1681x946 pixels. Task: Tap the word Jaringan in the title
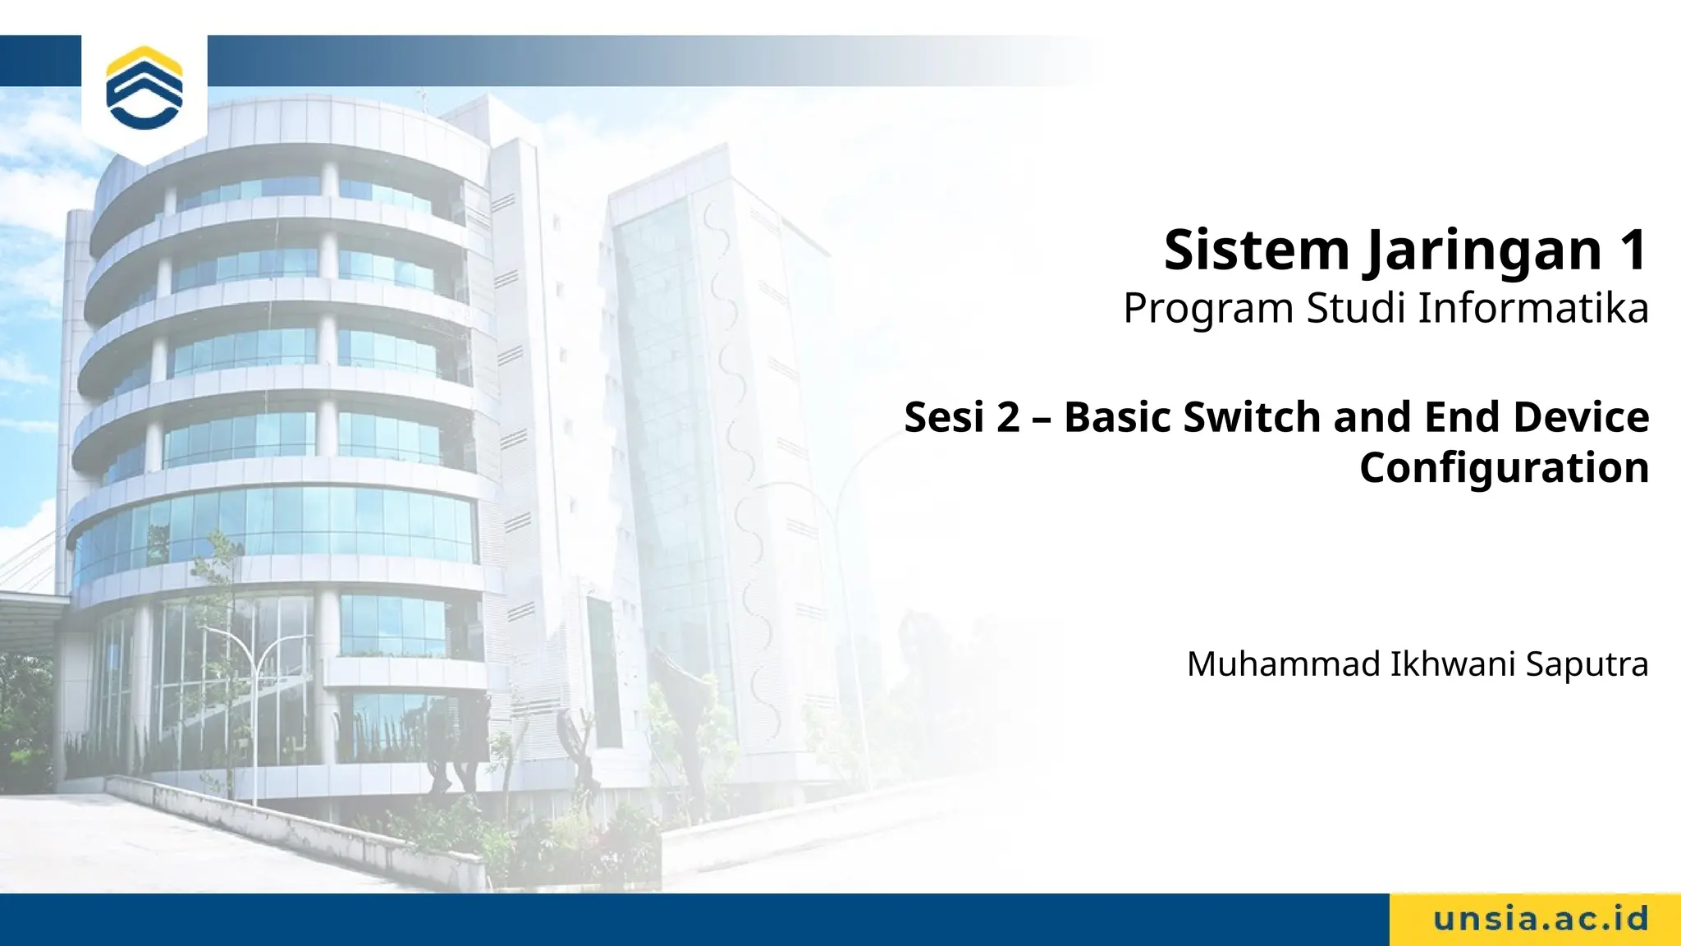[1484, 251]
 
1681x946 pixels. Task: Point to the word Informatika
[1532, 308]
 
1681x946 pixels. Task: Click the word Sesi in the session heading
[944, 417]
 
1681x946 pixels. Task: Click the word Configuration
[1504, 468]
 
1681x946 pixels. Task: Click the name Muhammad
[1284, 664]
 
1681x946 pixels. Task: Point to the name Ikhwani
[1453, 664]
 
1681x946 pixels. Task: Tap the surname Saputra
[1587, 664]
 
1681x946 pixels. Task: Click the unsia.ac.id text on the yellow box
[1541, 919]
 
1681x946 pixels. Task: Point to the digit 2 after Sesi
[1008, 417]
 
